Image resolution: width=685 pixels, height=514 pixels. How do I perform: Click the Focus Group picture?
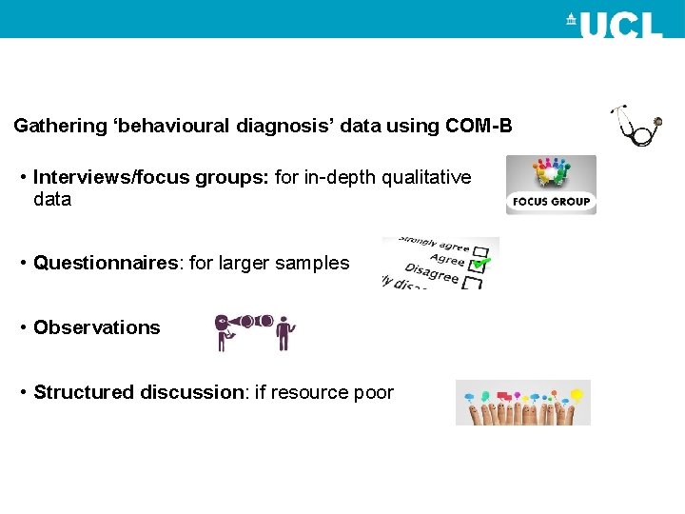(550, 185)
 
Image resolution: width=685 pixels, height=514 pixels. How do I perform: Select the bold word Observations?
(96, 327)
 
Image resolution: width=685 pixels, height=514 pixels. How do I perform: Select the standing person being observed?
(284, 332)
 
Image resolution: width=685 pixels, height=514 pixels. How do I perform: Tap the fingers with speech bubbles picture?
(522, 403)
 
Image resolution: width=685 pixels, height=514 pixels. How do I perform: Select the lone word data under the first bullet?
(52, 200)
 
